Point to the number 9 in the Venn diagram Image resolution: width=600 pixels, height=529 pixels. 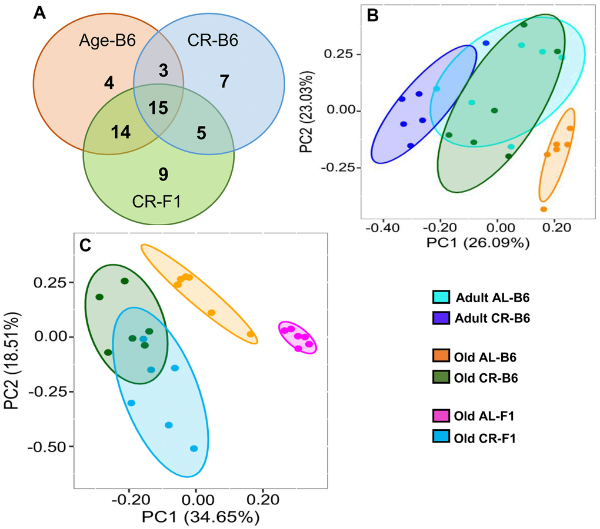coord(164,174)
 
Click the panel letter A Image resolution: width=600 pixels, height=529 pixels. coord(39,13)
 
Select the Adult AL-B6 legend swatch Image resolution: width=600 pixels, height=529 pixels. coord(441,298)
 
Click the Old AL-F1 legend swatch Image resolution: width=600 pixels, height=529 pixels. coord(441,418)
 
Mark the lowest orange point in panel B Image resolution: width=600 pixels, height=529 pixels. coord(544,209)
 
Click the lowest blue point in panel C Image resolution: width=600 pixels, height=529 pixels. coord(194,448)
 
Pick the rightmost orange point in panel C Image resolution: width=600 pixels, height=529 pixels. coord(251,334)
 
